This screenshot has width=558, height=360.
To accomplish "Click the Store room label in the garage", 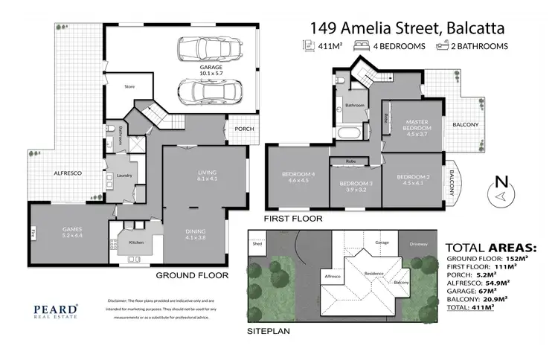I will [x=129, y=86].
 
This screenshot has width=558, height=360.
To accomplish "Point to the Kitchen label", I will [x=135, y=242].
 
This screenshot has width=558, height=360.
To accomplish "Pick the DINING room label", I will [x=196, y=234].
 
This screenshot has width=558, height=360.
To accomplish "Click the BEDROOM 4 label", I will [x=295, y=176].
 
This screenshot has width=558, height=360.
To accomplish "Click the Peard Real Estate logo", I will [x=55, y=310].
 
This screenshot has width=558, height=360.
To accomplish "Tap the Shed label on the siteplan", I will [x=257, y=242].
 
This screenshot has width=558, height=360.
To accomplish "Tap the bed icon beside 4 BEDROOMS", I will [x=363, y=45].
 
